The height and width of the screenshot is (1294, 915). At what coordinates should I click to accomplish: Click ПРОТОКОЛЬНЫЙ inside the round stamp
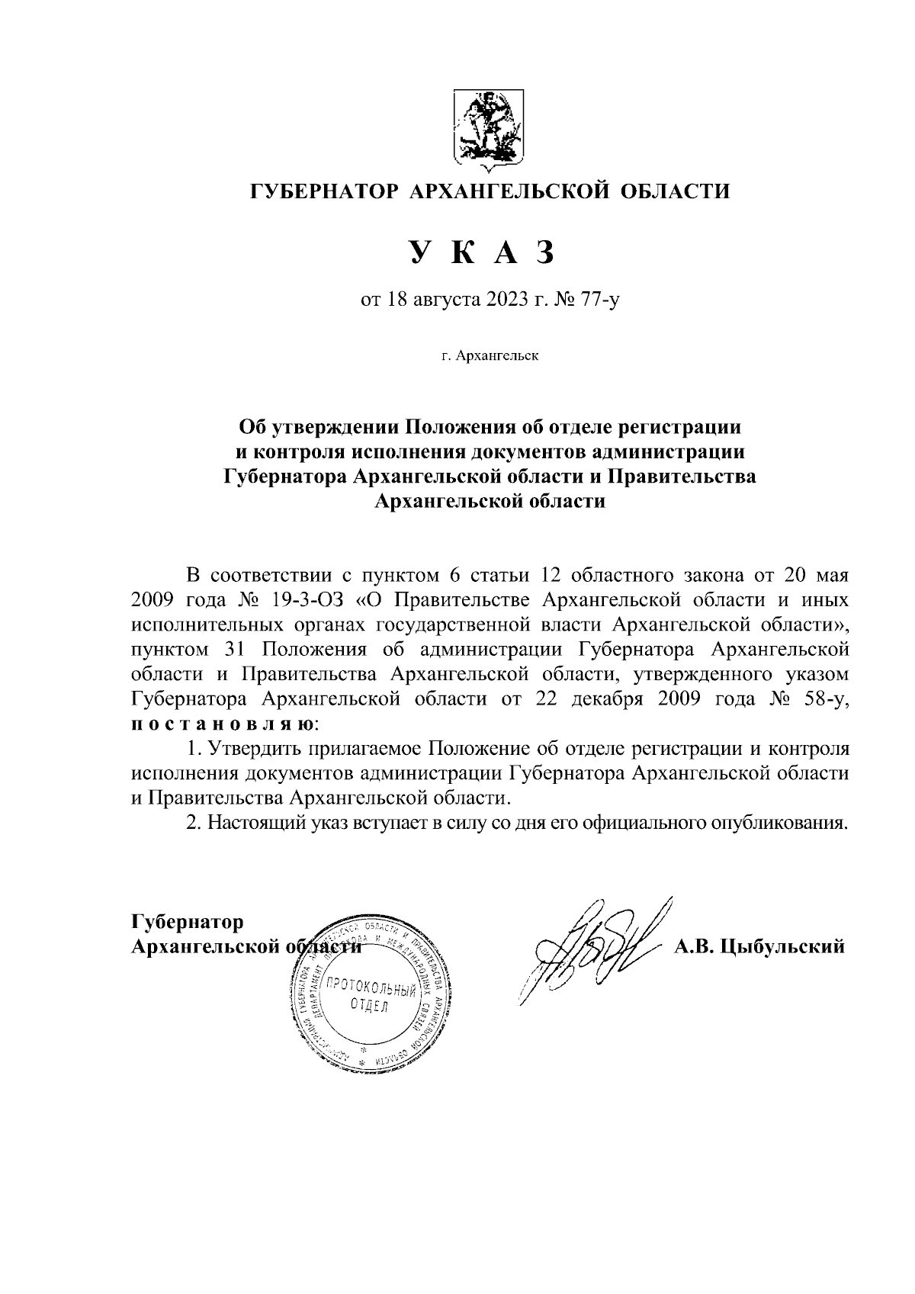370,989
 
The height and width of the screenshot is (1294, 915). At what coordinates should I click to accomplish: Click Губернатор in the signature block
188,922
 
